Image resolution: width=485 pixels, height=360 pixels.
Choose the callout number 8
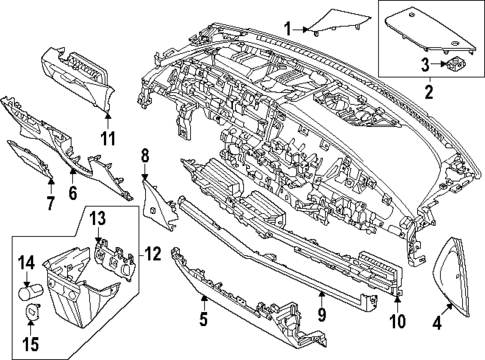point(144,155)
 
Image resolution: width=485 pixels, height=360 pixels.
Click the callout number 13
point(98,219)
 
